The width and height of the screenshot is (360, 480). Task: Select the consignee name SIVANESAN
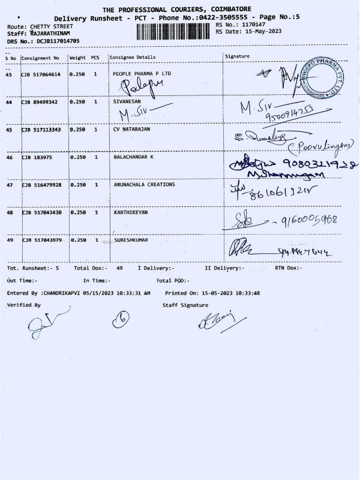127,102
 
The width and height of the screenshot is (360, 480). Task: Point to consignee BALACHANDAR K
133,157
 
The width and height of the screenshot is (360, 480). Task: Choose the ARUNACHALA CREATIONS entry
144,185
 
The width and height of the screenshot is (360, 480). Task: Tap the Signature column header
237,56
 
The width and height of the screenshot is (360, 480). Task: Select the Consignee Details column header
132,58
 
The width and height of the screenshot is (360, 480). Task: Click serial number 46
8,157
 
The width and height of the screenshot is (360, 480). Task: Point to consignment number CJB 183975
37,157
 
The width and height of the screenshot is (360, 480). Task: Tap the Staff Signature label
185,305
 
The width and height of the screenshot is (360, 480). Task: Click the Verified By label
24,305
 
